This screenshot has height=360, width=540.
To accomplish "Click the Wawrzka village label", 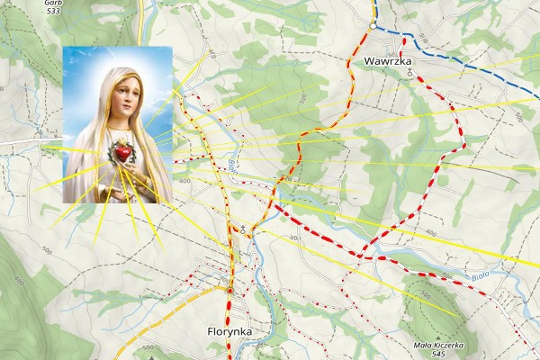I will click(x=390, y=61).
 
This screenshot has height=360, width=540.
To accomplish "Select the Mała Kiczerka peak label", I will click(x=439, y=345).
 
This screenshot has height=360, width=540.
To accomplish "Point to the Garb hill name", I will click(x=54, y=4).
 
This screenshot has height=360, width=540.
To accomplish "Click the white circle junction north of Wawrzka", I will click(x=372, y=26).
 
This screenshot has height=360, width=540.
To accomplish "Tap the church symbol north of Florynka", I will click(x=241, y=229).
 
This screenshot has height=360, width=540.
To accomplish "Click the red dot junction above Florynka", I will click(x=229, y=291).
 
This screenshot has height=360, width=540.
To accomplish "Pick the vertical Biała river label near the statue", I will click(x=231, y=166).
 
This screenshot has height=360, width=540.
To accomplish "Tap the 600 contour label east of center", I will click(x=430, y=233).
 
